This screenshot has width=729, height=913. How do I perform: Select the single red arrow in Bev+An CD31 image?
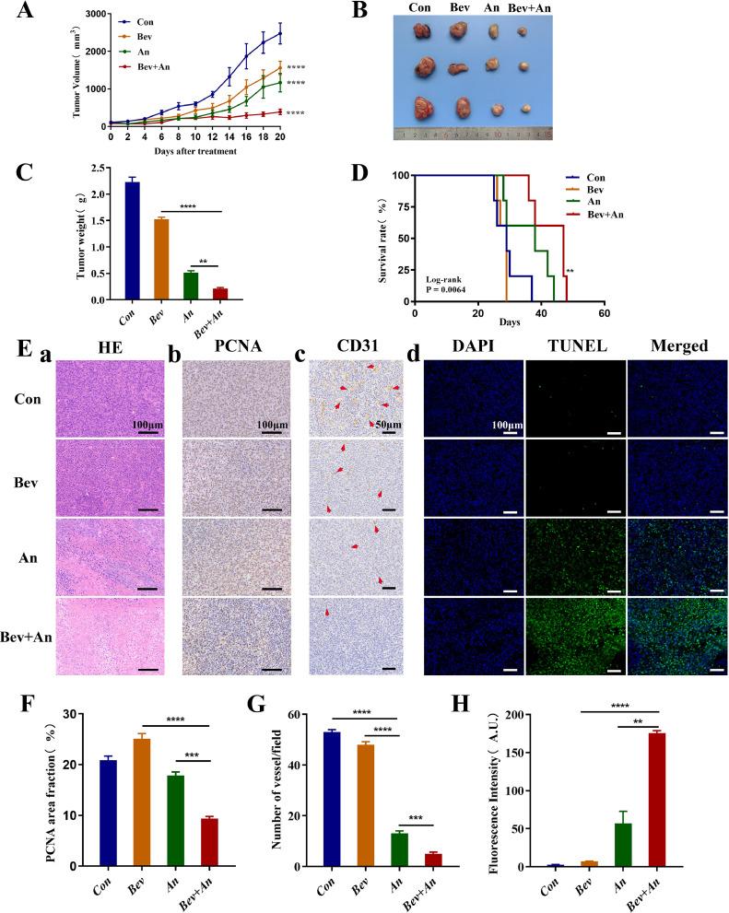[325, 611]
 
